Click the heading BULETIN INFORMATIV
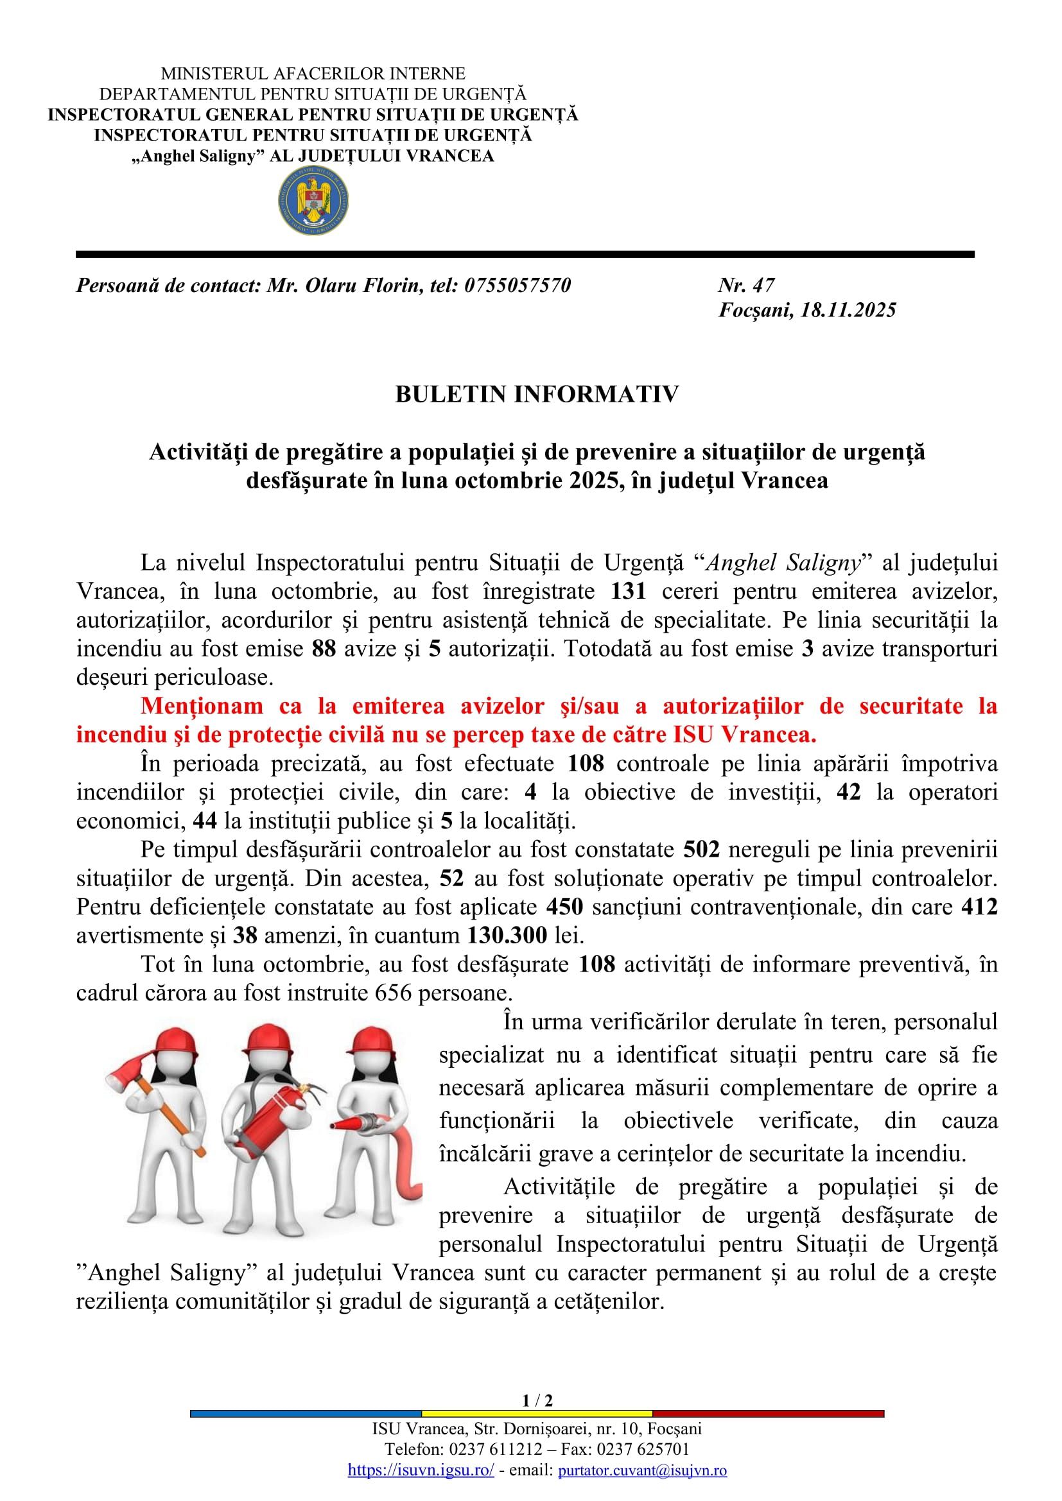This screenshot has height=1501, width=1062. pyautogui.click(x=537, y=394)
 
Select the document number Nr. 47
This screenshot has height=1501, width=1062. pyautogui.click(x=746, y=285)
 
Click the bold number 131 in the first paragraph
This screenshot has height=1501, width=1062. pyautogui.click(x=629, y=591)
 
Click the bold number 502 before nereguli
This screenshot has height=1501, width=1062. pyautogui.click(x=702, y=849)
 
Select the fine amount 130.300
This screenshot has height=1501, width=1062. pyautogui.click(x=507, y=936)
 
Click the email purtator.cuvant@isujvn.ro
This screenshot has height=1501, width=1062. pyautogui.click(x=641, y=1470)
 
